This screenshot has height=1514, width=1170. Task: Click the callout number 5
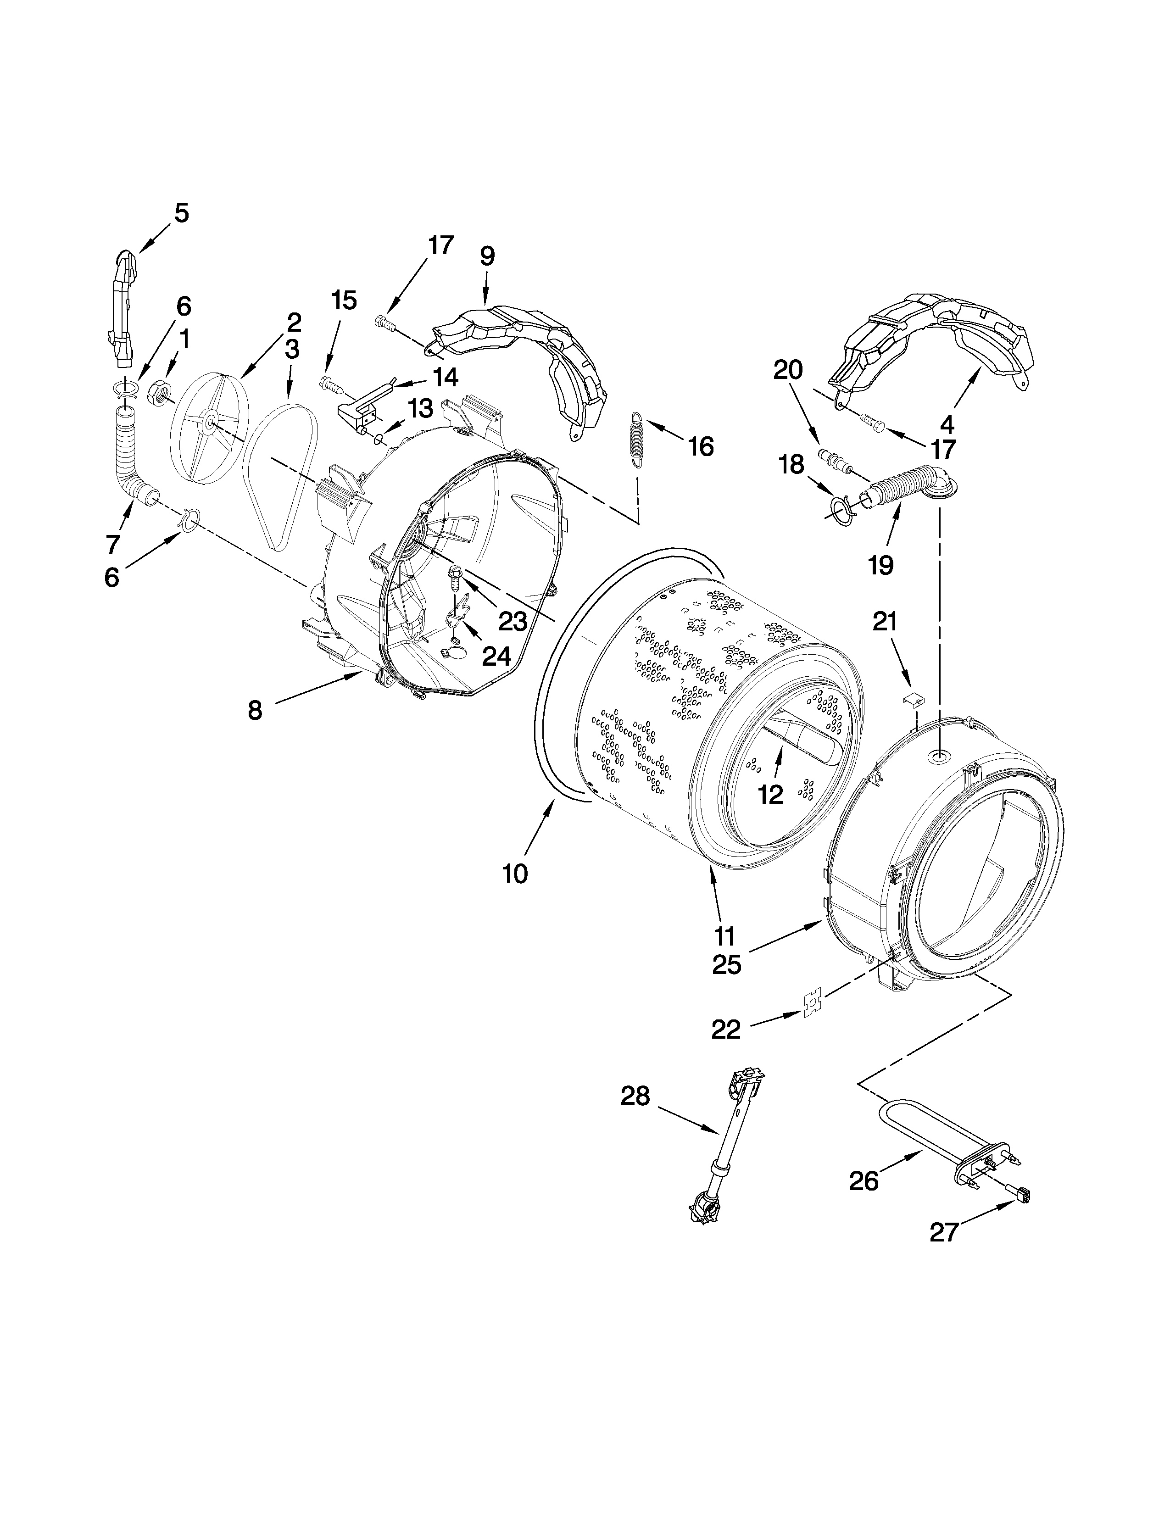point(180,213)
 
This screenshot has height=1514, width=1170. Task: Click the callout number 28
point(635,1096)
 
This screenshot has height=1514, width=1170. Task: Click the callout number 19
point(880,566)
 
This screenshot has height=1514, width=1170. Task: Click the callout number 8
point(255,710)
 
